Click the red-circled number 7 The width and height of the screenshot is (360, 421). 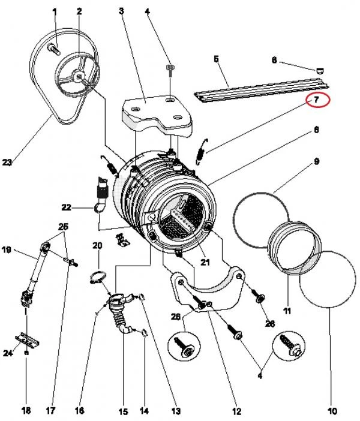click(316, 100)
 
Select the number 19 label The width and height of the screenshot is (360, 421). click(7, 249)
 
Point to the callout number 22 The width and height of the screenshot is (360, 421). click(67, 208)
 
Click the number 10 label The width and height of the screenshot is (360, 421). click(332, 411)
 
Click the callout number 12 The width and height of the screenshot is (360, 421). click(237, 411)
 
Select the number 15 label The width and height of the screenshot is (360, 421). click(122, 411)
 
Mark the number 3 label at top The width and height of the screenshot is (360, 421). click(121, 10)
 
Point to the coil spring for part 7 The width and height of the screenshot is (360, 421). click(205, 148)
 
